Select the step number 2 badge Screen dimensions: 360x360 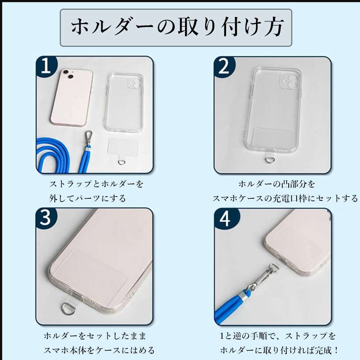(x=224, y=66)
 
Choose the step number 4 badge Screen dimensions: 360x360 (x=225, y=218)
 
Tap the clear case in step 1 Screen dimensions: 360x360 (x=125, y=103)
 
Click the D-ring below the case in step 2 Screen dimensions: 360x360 (x=269, y=159)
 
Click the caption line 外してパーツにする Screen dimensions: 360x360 (x=87, y=198)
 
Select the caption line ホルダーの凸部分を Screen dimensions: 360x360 (x=276, y=184)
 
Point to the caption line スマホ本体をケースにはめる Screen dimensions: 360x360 (x=99, y=351)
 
